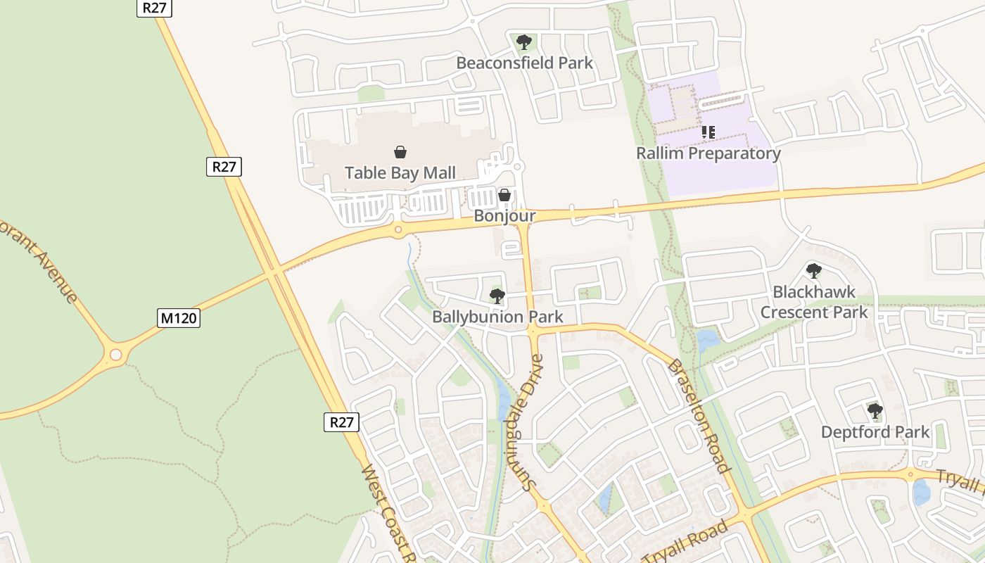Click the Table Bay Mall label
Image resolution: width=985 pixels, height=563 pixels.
coord(400,172)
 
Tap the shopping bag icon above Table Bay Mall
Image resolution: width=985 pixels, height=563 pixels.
coord(400,151)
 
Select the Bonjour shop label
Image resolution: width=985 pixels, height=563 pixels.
coord(504,216)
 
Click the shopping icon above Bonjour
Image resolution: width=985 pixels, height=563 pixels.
coord(504,195)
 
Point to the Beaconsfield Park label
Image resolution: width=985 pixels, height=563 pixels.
coord(524,63)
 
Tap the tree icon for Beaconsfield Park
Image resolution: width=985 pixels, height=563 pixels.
coord(523,42)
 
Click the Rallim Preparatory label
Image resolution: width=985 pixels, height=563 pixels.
coord(708,153)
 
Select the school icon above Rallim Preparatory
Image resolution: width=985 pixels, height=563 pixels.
coord(708,132)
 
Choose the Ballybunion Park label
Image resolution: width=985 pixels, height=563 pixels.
coord(497,317)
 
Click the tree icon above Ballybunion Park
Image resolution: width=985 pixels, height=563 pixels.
coord(497,296)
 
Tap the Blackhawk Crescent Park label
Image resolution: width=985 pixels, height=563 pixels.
coord(814,302)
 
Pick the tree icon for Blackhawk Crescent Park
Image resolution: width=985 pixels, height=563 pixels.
coord(814,271)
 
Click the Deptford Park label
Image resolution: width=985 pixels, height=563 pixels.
coord(875,432)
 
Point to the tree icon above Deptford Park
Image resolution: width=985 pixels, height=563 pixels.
coord(875,410)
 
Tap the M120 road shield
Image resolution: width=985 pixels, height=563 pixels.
coord(179,318)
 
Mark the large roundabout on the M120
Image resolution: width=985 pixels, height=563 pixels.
coord(116,355)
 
